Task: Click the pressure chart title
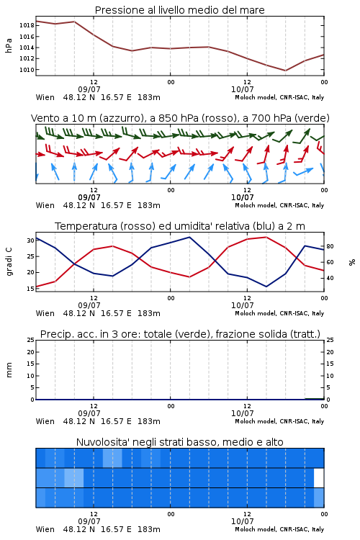[179, 10]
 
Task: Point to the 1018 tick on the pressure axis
[27, 25]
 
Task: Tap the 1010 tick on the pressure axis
[27, 70]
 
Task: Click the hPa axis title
[9, 45]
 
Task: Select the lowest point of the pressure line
[285, 71]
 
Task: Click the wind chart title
[180, 118]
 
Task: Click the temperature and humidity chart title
[180, 226]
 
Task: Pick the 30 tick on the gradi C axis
[31, 240]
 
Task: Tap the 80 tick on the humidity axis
[330, 246]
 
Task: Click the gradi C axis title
[9, 261]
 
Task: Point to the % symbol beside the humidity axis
[352, 262]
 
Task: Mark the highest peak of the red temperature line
[266, 237]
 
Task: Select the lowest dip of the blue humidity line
[266, 287]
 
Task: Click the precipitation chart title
[180, 334]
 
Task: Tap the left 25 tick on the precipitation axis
[31, 340]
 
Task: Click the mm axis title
[9, 370]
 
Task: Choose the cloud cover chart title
[179, 442]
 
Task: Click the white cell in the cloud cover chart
[319, 478]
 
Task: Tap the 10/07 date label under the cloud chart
[242, 521]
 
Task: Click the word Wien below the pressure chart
[45, 97]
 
